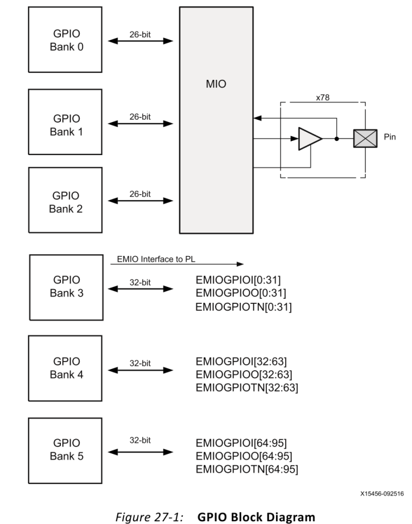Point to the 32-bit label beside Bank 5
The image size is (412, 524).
click(x=139, y=442)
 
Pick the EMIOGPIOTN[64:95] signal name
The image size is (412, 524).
click(x=246, y=469)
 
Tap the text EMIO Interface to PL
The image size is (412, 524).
click(x=155, y=259)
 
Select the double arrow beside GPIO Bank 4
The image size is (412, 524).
click(x=141, y=371)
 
